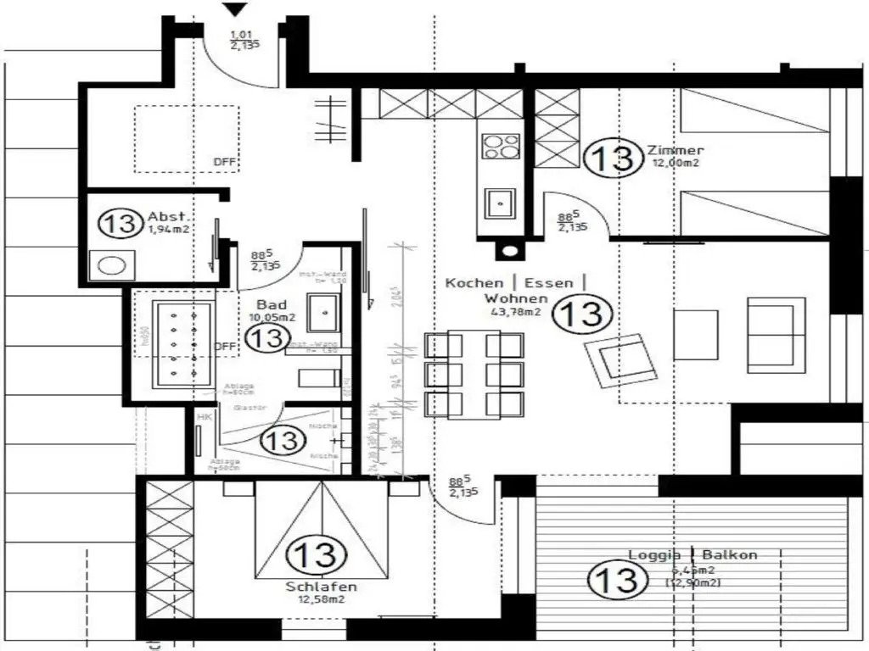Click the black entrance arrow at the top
click(235, 8)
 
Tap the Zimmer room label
click(676, 151)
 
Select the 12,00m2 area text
click(676, 164)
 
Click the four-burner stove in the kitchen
click(501, 146)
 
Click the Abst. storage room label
click(166, 216)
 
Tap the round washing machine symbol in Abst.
click(110, 265)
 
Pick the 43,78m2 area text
click(516, 312)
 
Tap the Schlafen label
click(321, 587)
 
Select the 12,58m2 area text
click(321, 599)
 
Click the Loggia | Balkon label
click(692, 555)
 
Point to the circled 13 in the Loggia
click(614, 580)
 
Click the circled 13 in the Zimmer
click(612, 159)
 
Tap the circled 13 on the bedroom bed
click(315, 555)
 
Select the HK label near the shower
click(204, 417)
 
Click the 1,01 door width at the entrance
click(241, 35)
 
